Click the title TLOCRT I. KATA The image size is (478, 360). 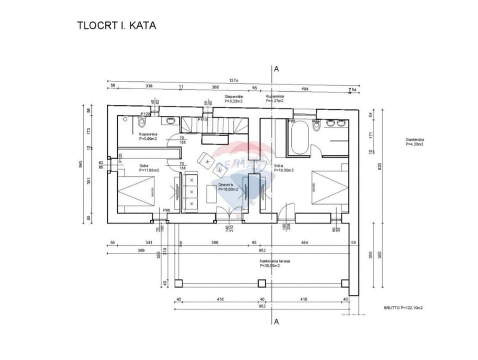[116, 25]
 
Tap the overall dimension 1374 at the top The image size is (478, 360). [234, 81]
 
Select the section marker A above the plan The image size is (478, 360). [277, 69]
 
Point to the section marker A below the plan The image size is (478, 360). [277, 321]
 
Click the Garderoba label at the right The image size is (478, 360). [415, 142]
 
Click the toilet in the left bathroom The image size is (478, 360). [142, 122]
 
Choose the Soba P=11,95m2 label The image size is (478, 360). [149, 167]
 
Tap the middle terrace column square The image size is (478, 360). [261, 283]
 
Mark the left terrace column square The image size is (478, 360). [178, 283]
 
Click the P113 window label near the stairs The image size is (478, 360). [203, 119]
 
